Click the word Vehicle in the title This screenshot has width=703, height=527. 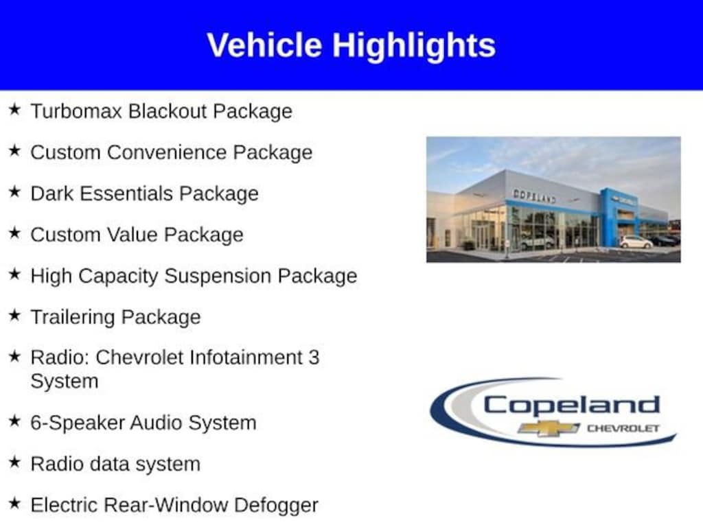tap(264, 45)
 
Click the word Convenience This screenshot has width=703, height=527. tap(167, 152)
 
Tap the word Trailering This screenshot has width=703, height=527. tap(73, 317)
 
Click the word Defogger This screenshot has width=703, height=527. tap(276, 506)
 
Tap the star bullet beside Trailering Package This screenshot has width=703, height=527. tap(15, 315)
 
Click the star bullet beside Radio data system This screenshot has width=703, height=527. tap(15, 462)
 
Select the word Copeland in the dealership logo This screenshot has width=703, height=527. tap(572, 406)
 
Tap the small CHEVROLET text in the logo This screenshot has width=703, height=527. tap(623, 428)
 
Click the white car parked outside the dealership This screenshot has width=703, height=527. tap(636, 242)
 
